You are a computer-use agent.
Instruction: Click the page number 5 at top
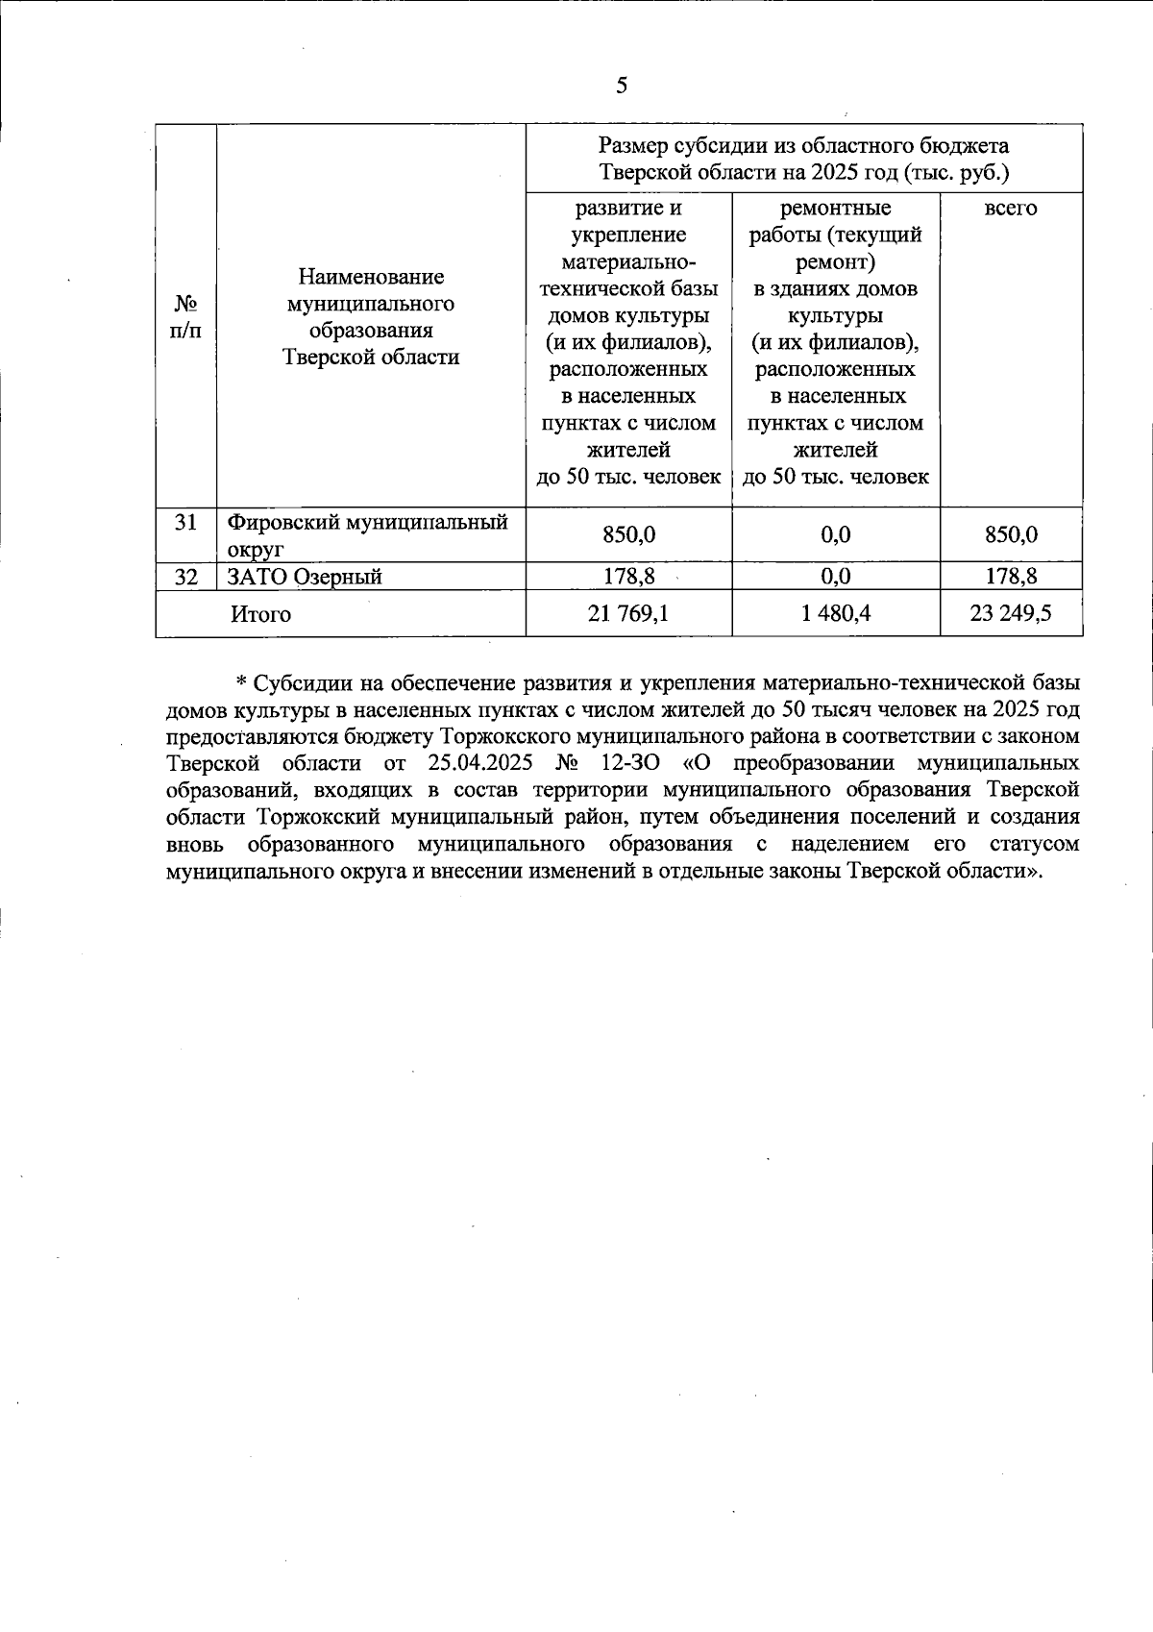coord(622,87)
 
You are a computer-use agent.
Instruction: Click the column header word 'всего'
coord(1011,209)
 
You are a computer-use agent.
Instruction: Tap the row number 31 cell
coord(186,522)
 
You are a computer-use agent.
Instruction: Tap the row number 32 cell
coord(186,577)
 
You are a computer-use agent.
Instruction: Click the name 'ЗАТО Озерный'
coord(305,577)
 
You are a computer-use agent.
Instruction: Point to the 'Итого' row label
coord(260,614)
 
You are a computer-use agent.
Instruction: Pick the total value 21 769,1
coord(628,613)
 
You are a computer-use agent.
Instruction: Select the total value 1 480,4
coord(835,613)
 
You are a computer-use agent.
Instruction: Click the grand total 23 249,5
coord(1011,613)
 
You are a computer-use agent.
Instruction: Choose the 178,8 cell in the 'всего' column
coord(1011,577)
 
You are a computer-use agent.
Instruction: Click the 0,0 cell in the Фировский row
coord(835,535)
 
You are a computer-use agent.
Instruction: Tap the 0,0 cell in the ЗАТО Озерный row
coord(835,577)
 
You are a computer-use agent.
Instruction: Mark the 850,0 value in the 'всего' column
coord(1011,535)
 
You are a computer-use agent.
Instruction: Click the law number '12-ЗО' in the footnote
coord(614,763)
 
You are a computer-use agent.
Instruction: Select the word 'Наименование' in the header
coord(371,278)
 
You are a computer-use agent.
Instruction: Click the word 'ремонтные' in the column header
coord(835,209)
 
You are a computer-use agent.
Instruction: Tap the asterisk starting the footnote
coord(242,683)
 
